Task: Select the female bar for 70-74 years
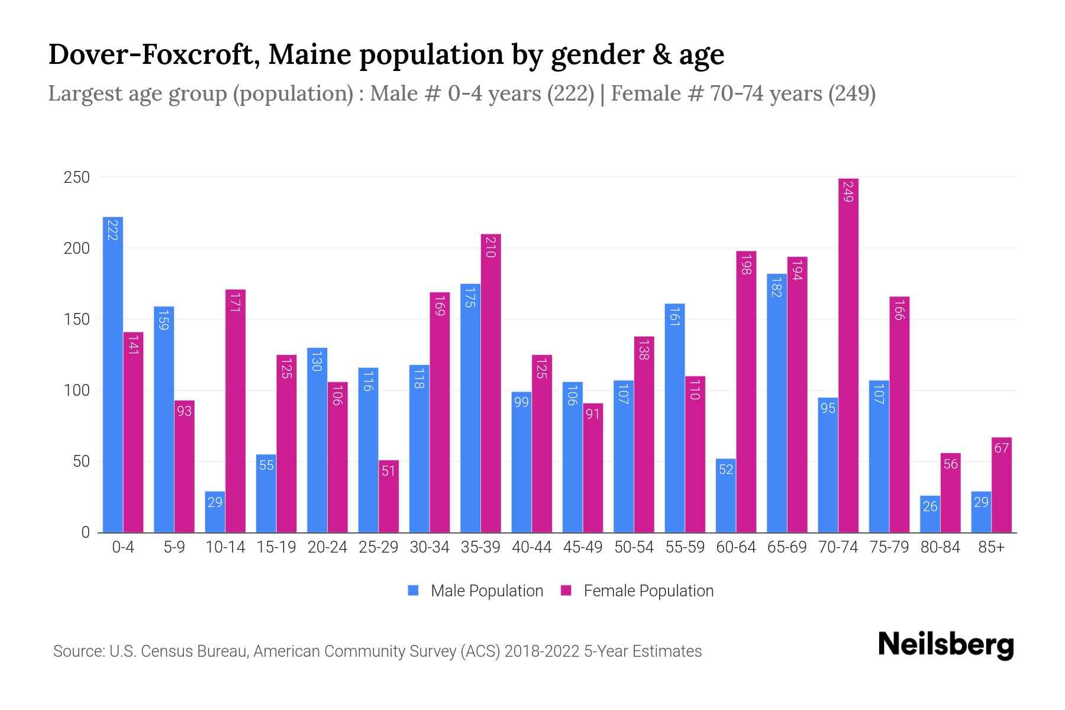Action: point(848,355)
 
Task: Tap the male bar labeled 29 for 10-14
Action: point(215,512)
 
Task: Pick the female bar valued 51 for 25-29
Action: point(389,497)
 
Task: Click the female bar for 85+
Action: point(1002,485)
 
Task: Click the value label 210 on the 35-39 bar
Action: point(490,247)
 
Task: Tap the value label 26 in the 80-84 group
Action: point(930,506)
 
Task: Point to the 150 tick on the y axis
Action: point(76,319)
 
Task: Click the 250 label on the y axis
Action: point(76,177)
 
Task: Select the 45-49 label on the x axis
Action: point(583,547)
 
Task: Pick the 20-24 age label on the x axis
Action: point(327,547)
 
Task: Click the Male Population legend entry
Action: point(486,591)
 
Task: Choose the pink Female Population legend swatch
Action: point(566,590)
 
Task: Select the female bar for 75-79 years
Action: point(899,414)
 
